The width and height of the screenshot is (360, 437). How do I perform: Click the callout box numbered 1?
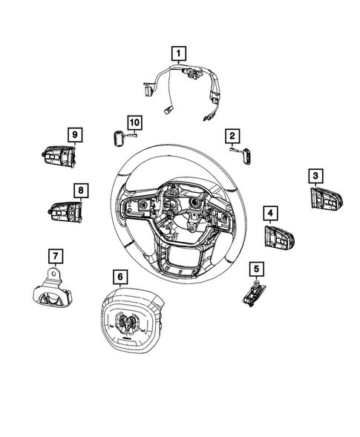179,53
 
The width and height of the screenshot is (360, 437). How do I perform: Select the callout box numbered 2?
232,136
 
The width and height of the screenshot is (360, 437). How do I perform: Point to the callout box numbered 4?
270,214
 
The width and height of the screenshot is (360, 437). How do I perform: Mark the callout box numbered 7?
54,256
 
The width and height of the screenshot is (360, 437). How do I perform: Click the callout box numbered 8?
79,191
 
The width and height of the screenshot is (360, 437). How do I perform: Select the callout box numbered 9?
74,134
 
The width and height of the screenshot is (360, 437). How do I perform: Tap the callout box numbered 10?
134,121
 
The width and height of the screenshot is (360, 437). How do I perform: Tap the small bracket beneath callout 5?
253,293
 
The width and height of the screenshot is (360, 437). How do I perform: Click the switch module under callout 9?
59,156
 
